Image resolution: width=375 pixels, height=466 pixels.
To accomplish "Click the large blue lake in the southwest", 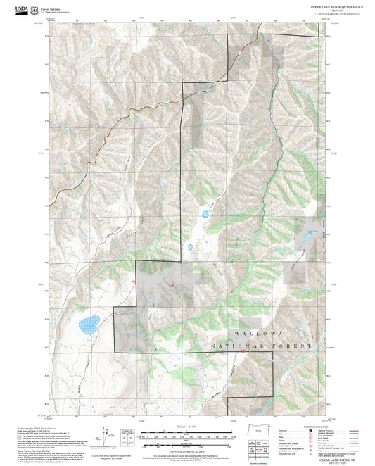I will tap(89, 325).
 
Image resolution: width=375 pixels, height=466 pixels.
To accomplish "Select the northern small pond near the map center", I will tap(205, 213).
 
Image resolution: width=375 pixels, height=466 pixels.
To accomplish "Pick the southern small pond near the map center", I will tap(190, 247).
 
